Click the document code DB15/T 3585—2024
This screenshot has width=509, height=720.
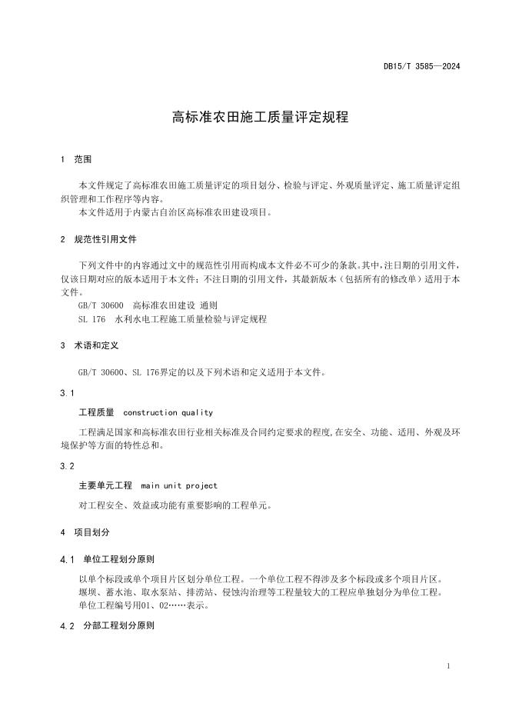click(x=421, y=67)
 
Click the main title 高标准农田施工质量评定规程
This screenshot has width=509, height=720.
click(x=260, y=118)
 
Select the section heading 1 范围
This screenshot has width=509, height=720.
click(x=76, y=160)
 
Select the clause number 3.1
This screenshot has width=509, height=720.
click(x=67, y=393)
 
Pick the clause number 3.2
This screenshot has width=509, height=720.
click(x=67, y=466)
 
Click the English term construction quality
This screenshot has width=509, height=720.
click(x=168, y=412)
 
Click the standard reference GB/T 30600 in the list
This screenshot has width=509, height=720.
click(x=101, y=305)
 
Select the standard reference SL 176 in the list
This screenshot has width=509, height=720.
click(x=91, y=318)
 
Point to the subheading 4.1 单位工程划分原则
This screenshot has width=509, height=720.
click(x=111, y=558)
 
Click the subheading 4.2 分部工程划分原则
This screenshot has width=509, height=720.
click(x=111, y=626)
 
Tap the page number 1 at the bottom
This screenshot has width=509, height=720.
click(x=448, y=666)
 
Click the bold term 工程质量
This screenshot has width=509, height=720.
click(x=96, y=412)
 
